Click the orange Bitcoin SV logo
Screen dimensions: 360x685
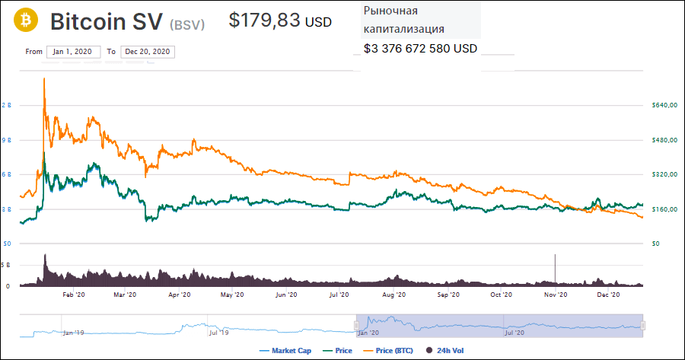28,21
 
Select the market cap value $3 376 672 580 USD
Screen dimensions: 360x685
421,49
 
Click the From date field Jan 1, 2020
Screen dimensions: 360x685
72,52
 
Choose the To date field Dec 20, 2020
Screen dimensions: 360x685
147,52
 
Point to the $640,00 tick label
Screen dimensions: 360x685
664,105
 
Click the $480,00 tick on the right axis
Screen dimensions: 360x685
664,140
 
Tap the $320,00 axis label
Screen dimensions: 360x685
664,174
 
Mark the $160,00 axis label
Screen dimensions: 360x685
664,209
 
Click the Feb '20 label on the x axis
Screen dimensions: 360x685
72,295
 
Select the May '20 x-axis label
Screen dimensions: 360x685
231,295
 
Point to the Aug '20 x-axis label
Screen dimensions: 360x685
393,295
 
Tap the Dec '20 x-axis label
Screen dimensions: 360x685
609,295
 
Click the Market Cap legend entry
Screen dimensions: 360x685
287,351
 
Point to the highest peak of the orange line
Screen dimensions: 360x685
45,78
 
